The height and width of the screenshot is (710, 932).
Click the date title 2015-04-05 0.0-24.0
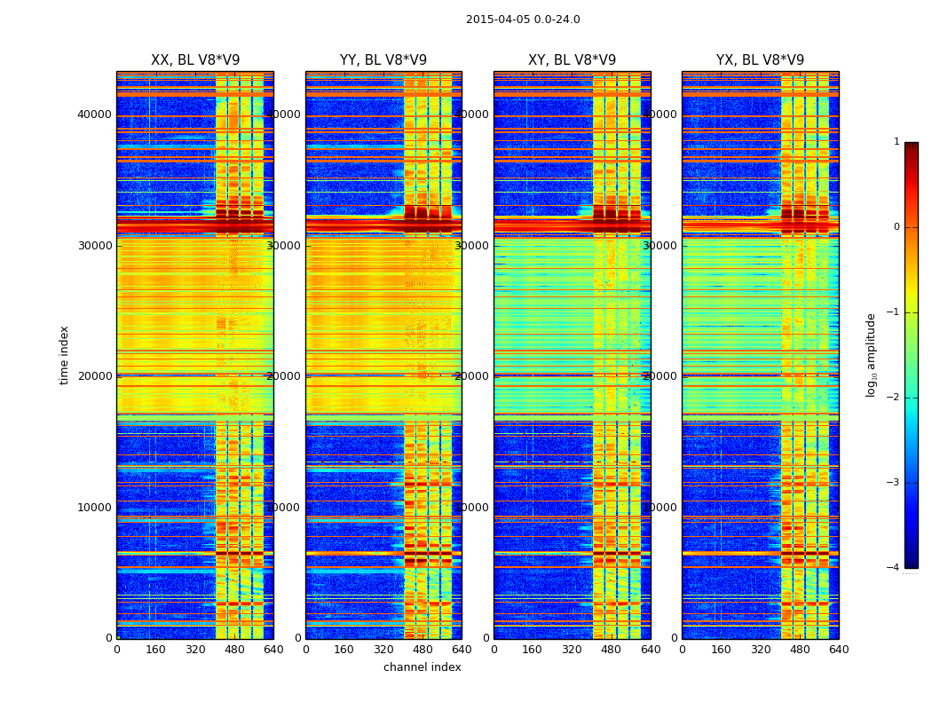523,20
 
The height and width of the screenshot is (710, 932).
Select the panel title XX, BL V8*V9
195,60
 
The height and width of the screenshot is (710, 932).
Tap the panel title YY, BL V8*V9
383,60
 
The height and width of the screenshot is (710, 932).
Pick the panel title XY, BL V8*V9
572,60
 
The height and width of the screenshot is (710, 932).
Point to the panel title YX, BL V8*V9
760,60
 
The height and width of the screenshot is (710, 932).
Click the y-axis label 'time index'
64,354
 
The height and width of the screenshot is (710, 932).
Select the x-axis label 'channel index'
423,667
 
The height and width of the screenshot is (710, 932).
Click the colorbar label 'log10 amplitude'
872,354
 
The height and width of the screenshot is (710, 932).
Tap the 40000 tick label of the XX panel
95,114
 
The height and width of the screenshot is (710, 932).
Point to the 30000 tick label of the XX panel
95,245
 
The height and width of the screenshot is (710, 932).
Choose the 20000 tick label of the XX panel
95,375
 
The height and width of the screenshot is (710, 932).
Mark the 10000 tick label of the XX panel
95,507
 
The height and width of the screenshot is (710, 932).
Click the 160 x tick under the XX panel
155,650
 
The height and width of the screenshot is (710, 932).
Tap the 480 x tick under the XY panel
611,650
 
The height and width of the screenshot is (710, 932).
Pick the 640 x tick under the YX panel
839,650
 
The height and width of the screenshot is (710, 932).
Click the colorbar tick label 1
896,142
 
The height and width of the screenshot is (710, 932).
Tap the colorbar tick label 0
896,227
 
